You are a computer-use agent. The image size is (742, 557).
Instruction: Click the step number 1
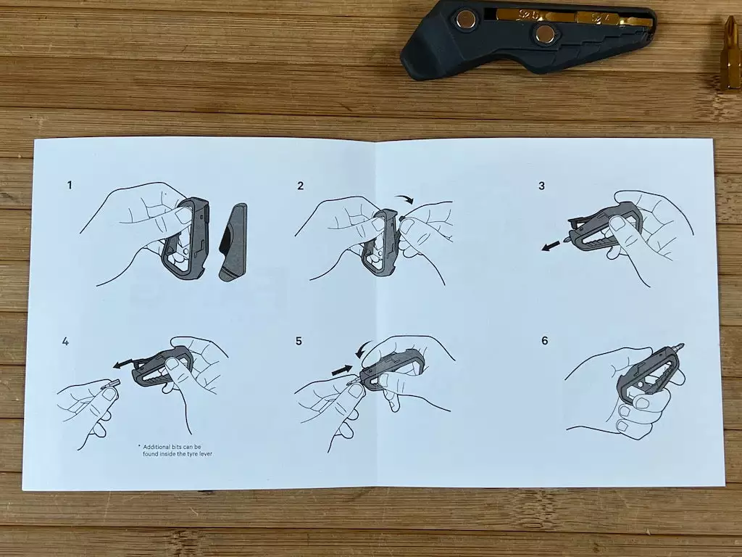click(x=70, y=185)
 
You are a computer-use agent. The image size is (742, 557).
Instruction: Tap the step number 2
click(x=301, y=186)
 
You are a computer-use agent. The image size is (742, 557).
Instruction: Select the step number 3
click(x=542, y=186)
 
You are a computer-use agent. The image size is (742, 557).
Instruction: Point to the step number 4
click(x=65, y=341)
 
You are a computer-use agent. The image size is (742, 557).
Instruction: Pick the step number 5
click(x=299, y=341)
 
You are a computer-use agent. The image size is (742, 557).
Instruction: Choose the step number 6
click(x=545, y=341)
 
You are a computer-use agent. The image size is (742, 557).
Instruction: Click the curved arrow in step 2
click(x=405, y=197)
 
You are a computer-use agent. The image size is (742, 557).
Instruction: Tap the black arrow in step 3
click(x=551, y=246)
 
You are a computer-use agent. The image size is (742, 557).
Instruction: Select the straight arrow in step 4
click(x=123, y=363)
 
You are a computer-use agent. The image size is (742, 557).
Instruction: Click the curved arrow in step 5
click(x=362, y=350)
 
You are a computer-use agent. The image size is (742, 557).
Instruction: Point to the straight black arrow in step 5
click(x=342, y=370)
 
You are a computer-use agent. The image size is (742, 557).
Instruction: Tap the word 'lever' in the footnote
click(x=205, y=454)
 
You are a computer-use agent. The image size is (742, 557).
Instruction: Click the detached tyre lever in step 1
click(x=233, y=242)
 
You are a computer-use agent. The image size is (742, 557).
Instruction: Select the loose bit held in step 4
click(x=111, y=384)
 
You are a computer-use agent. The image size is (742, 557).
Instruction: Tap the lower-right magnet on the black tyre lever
click(x=545, y=33)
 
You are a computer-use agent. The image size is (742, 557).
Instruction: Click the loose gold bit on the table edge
click(x=732, y=52)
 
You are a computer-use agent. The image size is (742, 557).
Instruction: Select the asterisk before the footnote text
click(x=139, y=446)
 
